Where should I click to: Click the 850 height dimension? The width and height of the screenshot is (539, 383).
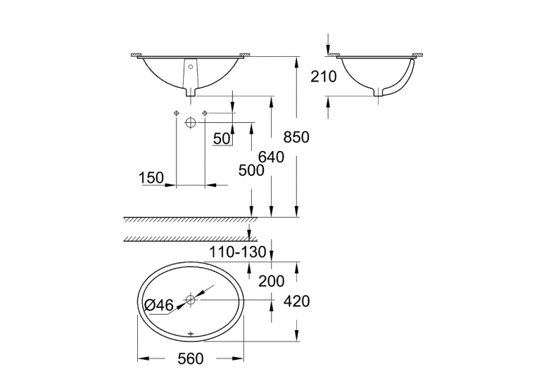tap(296, 137)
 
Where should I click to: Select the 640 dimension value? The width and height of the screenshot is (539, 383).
tap(271, 157)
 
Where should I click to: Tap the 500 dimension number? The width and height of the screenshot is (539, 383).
tap(251, 170)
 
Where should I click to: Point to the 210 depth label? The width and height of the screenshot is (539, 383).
tap(324, 77)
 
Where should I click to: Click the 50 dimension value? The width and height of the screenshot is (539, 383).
tap(222, 138)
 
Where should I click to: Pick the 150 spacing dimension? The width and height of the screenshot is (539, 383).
tap(151, 178)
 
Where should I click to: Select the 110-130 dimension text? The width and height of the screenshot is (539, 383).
tap(238, 252)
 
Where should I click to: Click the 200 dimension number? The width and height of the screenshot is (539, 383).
tap(271, 281)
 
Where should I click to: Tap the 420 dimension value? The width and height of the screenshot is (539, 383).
tap(296, 301)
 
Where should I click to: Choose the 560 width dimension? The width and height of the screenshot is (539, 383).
tap(191, 359)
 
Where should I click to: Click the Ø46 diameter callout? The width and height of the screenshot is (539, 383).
tap(158, 305)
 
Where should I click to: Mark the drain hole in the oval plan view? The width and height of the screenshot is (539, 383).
tap(191, 300)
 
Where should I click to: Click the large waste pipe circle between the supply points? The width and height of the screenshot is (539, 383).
tap(191, 122)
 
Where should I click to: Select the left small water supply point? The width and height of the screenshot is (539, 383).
tap(176, 113)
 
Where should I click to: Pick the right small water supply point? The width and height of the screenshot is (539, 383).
tap(205, 113)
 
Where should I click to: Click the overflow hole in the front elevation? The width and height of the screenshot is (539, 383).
tap(191, 67)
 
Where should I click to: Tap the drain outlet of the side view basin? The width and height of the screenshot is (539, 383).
tap(379, 92)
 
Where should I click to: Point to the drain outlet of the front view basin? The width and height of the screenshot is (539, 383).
tap(191, 92)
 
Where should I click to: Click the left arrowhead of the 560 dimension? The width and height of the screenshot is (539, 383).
tap(144, 359)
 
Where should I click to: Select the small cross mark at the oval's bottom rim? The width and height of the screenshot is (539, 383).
tap(191, 333)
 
